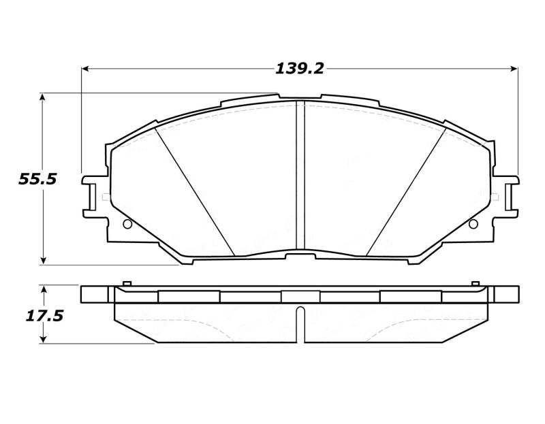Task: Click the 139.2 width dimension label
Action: click(299, 69)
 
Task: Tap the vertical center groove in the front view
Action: click(300, 177)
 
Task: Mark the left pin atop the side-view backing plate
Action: click(126, 283)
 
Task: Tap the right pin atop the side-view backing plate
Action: click(474, 283)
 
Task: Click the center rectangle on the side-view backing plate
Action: click(300, 297)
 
